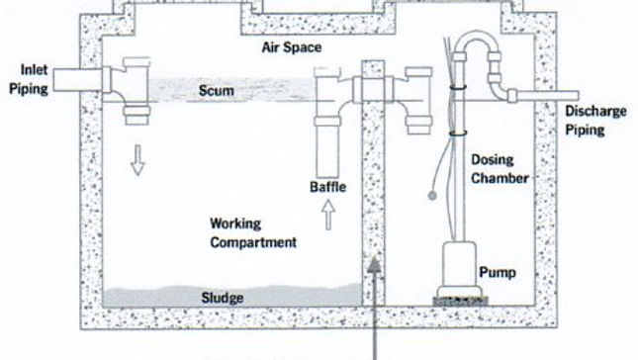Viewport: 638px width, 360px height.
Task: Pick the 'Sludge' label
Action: point(223,296)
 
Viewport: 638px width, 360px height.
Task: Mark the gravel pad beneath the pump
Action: point(459,296)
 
